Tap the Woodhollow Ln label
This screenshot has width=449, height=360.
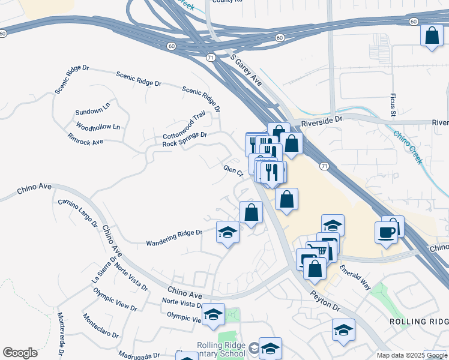point(98,127)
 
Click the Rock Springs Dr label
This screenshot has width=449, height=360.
point(184,139)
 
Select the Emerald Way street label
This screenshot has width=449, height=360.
point(355,278)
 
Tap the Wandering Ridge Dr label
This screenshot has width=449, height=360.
point(174,238)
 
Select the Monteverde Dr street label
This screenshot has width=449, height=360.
point(61,334)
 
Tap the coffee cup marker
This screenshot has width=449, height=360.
point(387,232)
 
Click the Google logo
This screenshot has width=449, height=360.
point(20,353)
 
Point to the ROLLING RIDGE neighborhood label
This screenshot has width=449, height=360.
point(418,322)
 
